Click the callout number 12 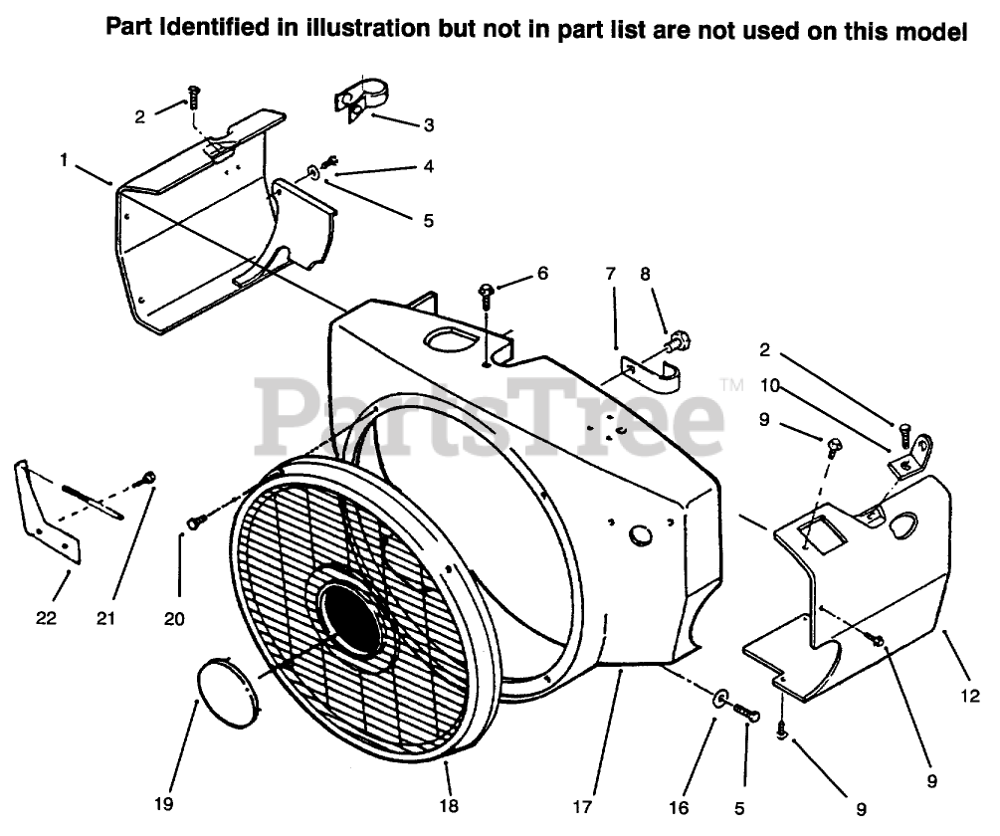tap(972, 694)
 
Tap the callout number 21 tap(106, 618)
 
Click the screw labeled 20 tap(197, 521)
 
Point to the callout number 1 tap(65, 159)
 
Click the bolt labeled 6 tap(487, 291)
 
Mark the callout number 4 tap(428, 167)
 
